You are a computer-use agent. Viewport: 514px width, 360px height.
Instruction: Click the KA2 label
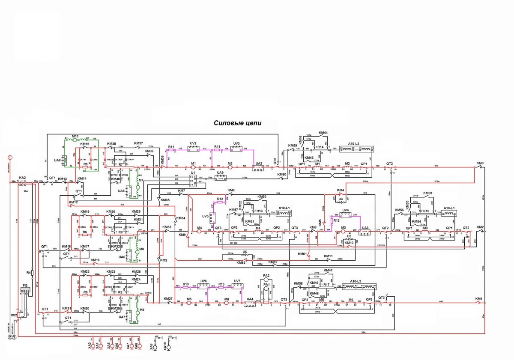point(22,178)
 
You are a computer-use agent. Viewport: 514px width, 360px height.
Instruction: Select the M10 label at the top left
point(75,136)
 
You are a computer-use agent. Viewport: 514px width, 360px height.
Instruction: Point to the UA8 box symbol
point(64,161)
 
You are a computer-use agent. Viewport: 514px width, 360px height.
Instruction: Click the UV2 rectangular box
point(193,149)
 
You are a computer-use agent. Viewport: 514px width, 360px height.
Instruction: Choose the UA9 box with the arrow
point(220,178)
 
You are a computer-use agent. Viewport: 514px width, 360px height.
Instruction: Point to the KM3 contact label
point(480,163)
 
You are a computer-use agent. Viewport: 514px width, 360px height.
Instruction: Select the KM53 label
point(427,193)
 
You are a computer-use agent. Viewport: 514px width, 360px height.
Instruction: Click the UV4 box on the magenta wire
point(346,215)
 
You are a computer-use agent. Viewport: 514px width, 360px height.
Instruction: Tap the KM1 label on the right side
point(479,298)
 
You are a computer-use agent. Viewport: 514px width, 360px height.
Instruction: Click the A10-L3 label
point(356,281)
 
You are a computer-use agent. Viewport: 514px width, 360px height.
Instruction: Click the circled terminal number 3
point(14,337)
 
